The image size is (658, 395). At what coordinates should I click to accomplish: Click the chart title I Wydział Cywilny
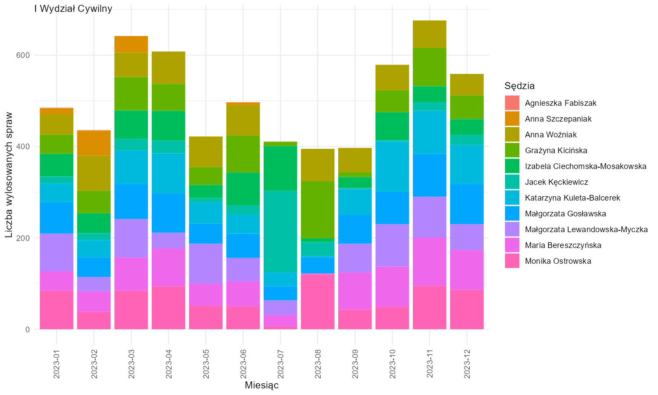click(x=73, y=8)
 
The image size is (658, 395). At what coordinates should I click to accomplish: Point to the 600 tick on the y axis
click(x=23, y=55)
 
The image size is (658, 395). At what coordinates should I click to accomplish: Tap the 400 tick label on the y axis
click(x=23, y=147)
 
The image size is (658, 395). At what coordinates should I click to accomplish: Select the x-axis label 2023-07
click(x=281, y=364)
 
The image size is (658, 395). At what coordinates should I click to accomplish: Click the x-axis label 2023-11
click(x=429, y=364)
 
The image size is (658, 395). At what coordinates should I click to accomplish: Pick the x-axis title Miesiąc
click(x=261, y=385)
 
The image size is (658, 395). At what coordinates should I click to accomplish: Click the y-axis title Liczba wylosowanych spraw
click(x=9, y=175)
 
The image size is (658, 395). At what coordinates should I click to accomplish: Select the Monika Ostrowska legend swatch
click(x=512, y=261)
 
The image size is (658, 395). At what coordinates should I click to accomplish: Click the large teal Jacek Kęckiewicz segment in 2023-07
click(x=281, y=231)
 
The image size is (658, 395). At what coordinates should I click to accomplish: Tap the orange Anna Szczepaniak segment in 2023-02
click(x=94, y=143)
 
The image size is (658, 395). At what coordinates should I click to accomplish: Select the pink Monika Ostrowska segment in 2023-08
click(x=318, y=302)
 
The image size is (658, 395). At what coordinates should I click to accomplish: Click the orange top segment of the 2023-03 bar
click(x=131, y=44)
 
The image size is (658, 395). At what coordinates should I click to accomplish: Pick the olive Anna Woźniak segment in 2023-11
click(x=429, y=34)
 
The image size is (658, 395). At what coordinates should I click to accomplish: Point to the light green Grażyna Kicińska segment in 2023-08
click(x=318, y=210)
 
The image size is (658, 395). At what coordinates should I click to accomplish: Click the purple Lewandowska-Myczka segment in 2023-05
click(x=206, y=264)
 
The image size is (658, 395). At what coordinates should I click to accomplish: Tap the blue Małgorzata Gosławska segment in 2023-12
click(x=467, y=204)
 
